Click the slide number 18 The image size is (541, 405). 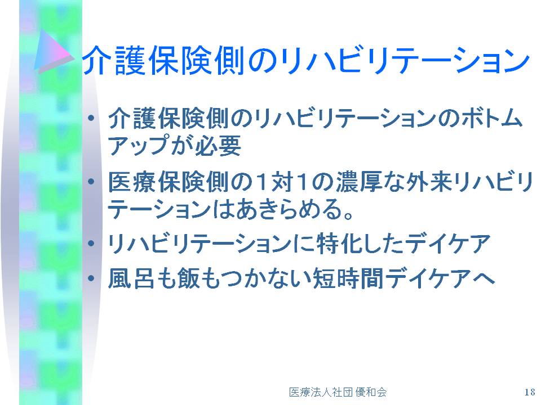pos(530,392)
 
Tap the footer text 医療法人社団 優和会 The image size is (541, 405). pos(338,392)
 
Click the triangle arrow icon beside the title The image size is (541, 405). pos(54,51)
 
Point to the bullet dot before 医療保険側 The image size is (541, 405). pos(91,182)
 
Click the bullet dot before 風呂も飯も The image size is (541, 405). pos(91,277)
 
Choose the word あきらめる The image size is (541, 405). pos(289,209)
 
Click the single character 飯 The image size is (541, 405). pos(188,278)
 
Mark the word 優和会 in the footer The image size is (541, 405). pos(371,392)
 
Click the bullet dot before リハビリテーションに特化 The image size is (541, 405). pos(91,244)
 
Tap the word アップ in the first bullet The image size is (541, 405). pos(139,145)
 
